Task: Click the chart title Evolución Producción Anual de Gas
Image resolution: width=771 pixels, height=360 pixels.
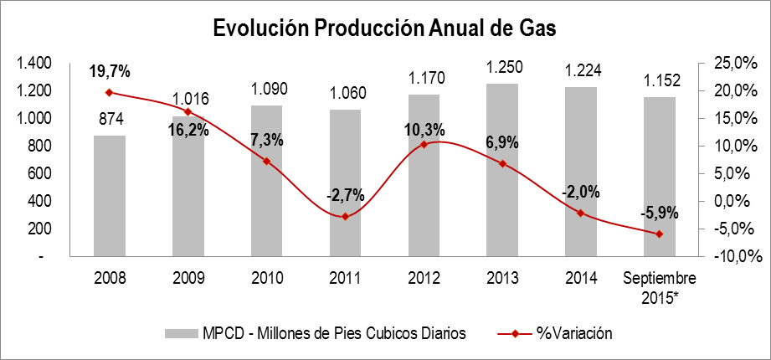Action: point(385,28)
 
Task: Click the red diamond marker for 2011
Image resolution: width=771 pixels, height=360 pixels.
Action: point(345,217)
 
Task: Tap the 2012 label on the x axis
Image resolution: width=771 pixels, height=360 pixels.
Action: point(424,278)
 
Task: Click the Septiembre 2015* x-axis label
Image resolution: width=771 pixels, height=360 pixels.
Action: point(659,285)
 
